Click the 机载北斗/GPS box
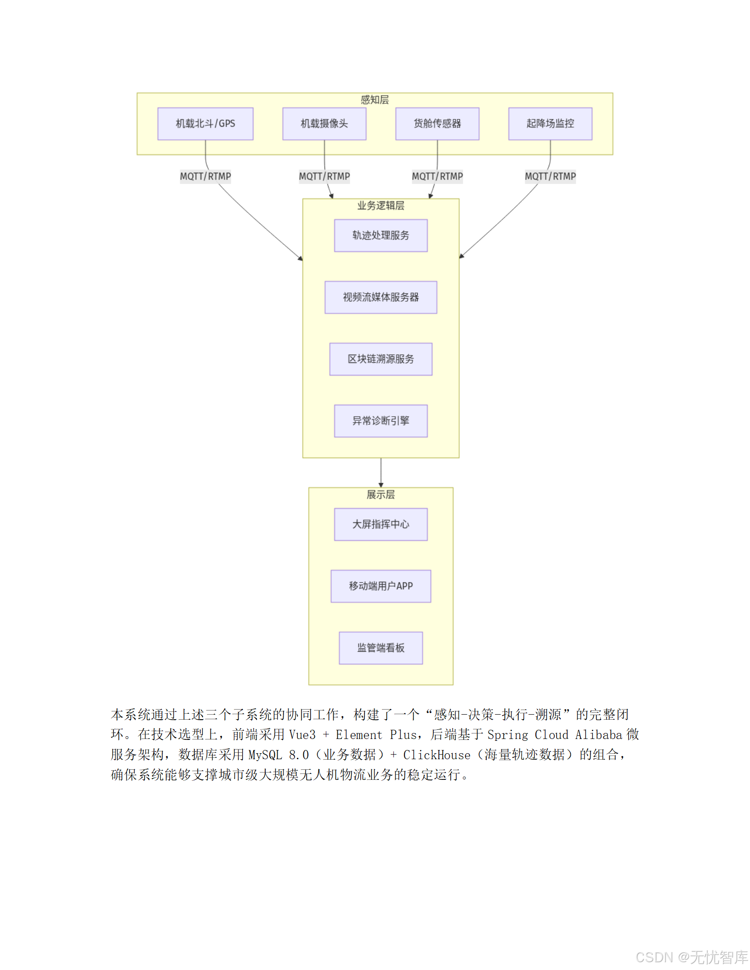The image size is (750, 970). click(x=205, y=124)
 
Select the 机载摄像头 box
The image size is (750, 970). click(x=324, y=124)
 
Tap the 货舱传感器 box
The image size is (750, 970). click(x=437, y=124)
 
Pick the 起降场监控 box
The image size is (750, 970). click(x=550, y=124)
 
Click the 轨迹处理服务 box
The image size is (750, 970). click(x=381, y=236)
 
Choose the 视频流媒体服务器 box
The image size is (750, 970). click(x=381, y=297)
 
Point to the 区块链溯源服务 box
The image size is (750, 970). click(x=381, y=359)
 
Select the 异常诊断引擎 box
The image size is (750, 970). click(x=381, y=421)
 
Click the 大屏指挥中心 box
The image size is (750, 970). click(x=381, y=524)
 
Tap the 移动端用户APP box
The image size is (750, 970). click(x=381, y=586)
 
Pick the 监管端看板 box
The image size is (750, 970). click(x=381, y=648)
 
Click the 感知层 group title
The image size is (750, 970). click(x=375, y=100)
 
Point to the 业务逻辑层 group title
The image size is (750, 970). click(x=381, y=206)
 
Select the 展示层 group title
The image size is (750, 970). click(x=381, y=495)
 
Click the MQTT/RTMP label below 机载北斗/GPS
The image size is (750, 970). click(x=205, y=176)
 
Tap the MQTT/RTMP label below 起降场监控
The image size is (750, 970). click(x=550, y=176)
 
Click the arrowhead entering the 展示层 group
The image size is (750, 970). click(x=381, y=485)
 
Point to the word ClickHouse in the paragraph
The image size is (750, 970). click(x=437, y=755)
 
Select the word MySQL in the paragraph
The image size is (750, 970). click(x=265, y=755)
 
